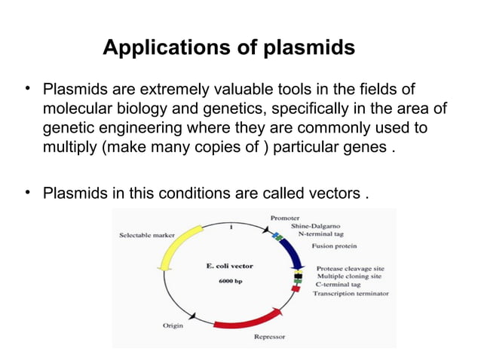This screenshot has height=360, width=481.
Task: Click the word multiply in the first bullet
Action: click(x=68, y=145)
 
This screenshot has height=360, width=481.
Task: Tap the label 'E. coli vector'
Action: click(x=231, y=265)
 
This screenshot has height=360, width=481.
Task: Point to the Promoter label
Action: click(x=286, y=218)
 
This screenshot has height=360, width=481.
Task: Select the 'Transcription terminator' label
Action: click(x=351, y=293)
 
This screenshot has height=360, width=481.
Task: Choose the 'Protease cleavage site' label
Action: click(x=351, y=267)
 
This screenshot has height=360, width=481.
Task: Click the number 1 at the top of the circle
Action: click(x=231, y=227)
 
